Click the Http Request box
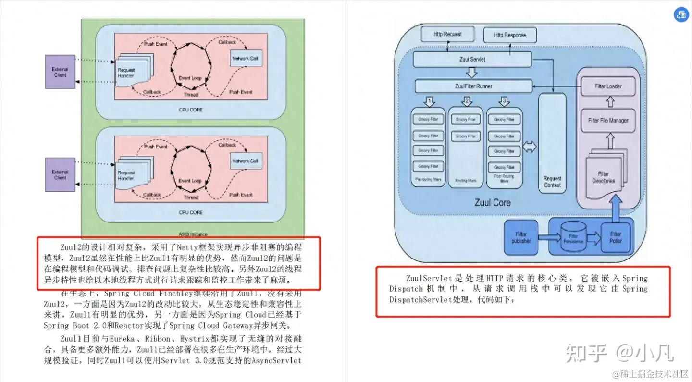pos(447,35)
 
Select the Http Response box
pos(510,35)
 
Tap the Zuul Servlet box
pos(472,60)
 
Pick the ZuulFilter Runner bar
pos(473,86)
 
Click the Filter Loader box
pos(608,86)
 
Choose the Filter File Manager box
pos(608,121)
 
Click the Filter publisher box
pos(521,237)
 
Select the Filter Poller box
pos(616,237)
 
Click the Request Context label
pos(552,182)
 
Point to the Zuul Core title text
pos(493,202)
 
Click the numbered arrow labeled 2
pos(466,101)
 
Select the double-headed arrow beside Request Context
pos(529,147)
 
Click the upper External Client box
pos(60,72)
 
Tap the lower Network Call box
pos(245,161)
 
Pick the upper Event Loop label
pos(190,78)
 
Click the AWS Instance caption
pos(193,234)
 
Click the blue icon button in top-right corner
pos(681,14)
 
